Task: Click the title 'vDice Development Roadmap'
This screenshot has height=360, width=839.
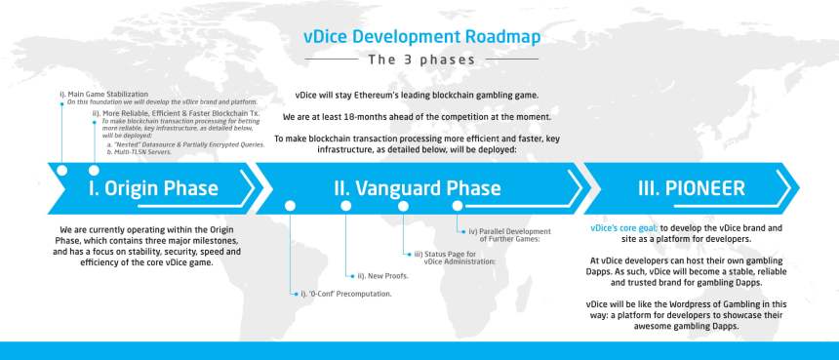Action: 419,37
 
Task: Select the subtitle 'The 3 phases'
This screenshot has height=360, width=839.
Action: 420,60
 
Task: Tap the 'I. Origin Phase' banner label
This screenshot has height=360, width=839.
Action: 153,187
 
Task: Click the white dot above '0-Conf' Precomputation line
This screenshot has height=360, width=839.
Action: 290,206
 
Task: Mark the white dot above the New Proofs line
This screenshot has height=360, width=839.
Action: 345,206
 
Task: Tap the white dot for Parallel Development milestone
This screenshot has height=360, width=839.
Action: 457,206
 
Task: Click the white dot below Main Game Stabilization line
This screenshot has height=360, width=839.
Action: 61,170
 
